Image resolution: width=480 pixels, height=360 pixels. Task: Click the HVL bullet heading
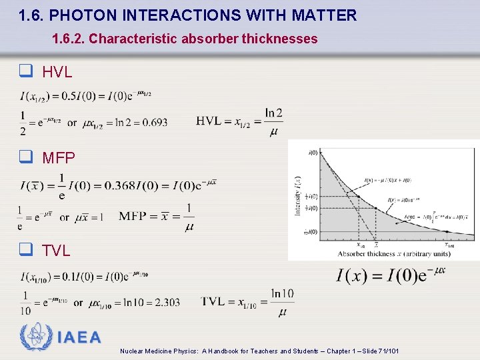coord(57,73)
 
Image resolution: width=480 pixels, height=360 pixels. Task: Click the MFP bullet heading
coord(59,158)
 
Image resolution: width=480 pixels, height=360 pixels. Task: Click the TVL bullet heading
coord(56,251)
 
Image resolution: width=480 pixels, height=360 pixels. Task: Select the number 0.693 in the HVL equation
coord(155,122)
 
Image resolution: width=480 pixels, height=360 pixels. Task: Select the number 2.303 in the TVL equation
coord(167,303)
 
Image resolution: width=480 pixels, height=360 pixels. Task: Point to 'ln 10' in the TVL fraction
coord(283,293)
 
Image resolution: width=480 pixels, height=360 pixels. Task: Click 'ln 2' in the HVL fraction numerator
coord(273,113)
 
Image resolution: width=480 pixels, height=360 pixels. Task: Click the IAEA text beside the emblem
coord(79,338)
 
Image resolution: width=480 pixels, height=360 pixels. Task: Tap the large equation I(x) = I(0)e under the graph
coord(391,275)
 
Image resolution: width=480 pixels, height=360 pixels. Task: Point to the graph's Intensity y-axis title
coord(297,195)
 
